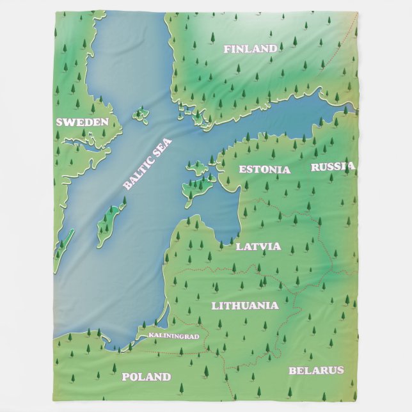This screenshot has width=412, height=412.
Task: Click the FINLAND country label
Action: pyautogui.click(x=250, y=49)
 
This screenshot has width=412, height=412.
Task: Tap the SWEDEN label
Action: pyautogui.click(x=81, y=122)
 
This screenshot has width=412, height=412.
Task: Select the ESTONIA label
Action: pyautogui.click(x=264, y=170)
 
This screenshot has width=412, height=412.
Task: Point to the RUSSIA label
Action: pyautogui.click(x=332, y=167)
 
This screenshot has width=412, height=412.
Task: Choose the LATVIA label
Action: pyautogui.click(x=258, y=246)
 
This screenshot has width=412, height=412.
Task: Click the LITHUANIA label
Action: pyautogui.click(x=245, y=306)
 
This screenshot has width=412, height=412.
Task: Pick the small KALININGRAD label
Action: pyautogui.click(x=173, y=336)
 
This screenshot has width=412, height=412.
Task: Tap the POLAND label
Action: pyautogui.click(x=146, y=377)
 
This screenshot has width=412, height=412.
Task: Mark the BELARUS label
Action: pyautogui.click(x=316, y=370)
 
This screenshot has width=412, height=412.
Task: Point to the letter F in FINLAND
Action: pyautogui.click(x=227, y=49)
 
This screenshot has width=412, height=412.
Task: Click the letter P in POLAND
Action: pyautogui.click(x=125, y=377)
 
